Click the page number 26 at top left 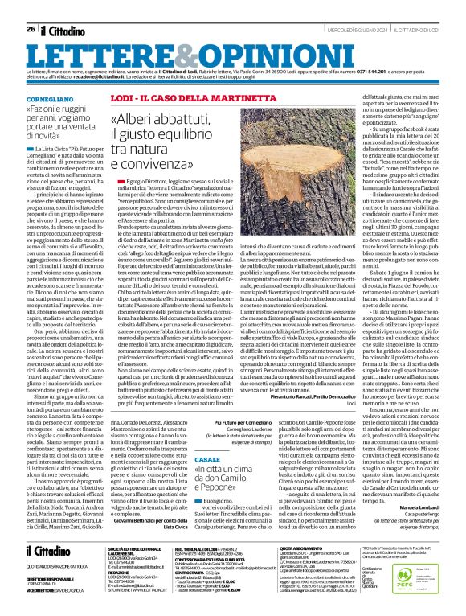click(x=30, y=7)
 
